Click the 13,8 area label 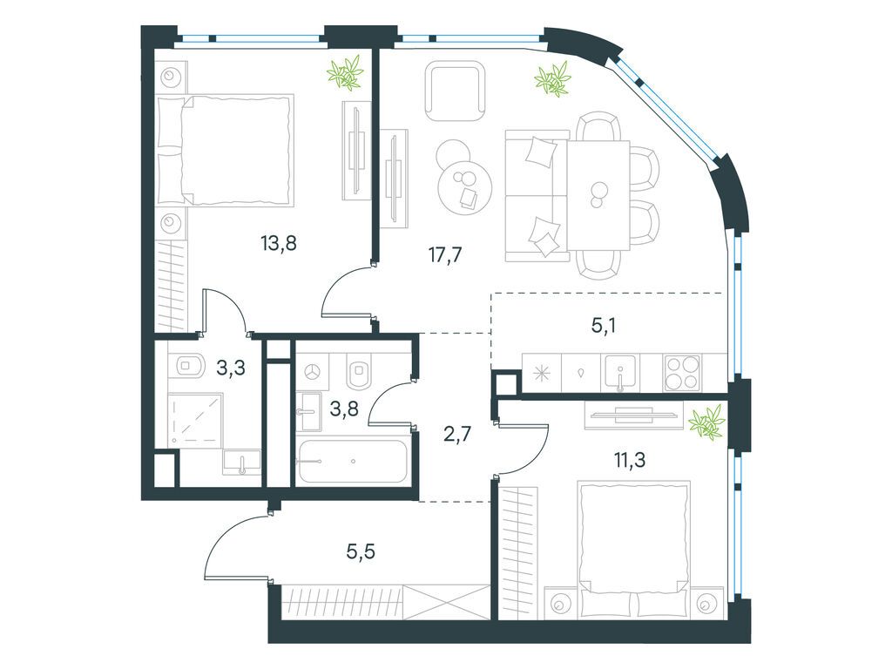click(279, 244)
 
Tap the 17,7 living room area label click(445, 255)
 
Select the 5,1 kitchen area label click(604, 326)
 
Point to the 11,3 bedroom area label click(630, 459)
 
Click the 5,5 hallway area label click(361, 551)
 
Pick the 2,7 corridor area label click(457, 436)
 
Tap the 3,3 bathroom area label click(231, 368)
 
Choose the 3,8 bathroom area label click(343, 408)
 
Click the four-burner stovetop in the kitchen click(682, 373)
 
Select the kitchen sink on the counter click(620, 373)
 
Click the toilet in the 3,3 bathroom click(189, 366)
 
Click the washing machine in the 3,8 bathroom click(311, 372)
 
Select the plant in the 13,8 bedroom click(345, 71)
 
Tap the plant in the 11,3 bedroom click(707, 422)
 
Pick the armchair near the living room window click(455, 91)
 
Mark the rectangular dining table click(598, 195)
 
